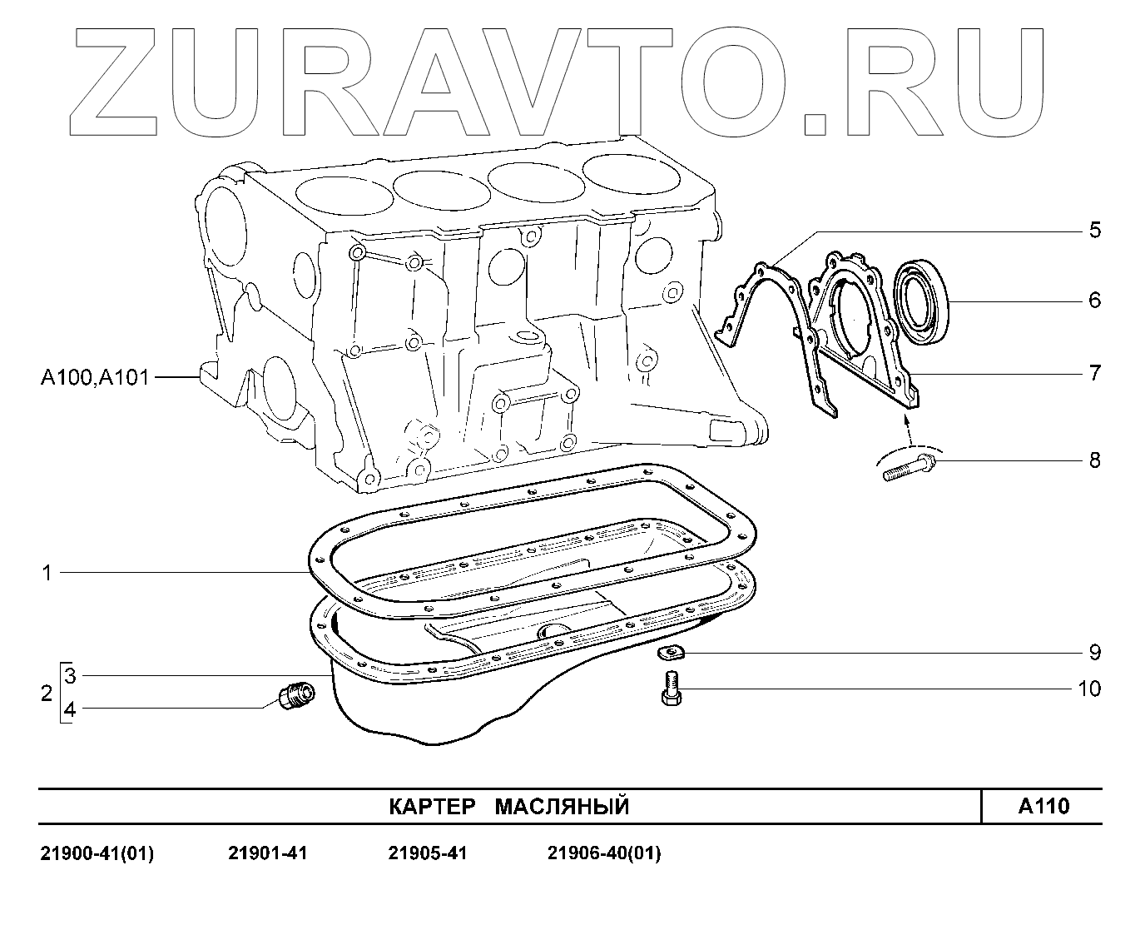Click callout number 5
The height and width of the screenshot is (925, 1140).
tap(1094, 230)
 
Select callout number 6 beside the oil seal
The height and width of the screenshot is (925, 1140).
tap(1094, 300)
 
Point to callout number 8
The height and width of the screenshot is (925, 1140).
tap(1094, 460)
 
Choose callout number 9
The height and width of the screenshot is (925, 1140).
tap(1094, 652)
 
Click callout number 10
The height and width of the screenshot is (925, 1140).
tap(1088, 689)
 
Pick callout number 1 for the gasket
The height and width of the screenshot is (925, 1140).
tap(47, 573)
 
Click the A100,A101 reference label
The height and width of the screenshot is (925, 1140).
tap(95, 378)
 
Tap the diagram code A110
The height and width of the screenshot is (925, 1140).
tap(1043, 806)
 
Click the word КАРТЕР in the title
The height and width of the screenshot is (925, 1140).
tap(433, 807)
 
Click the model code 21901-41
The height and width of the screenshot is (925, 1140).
tap(267, 853)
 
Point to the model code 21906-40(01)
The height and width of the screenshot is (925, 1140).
tap(604, 853)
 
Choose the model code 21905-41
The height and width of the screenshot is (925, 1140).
tap(428, 853)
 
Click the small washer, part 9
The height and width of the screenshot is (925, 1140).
tap(669, 652)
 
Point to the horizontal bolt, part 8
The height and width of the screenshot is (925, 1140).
tap(907, 465)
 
